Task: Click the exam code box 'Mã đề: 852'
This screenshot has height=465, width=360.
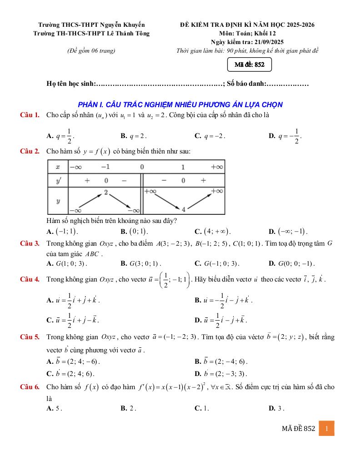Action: coord(249,65)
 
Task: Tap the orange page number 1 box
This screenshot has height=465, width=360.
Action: coord(326,428)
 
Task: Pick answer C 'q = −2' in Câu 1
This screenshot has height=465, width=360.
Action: coord(210,135)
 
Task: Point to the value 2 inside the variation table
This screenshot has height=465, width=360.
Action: coord(105,193)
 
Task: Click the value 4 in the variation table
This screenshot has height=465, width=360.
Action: coord(184,209)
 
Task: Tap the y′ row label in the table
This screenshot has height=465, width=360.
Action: coord(58,180)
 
